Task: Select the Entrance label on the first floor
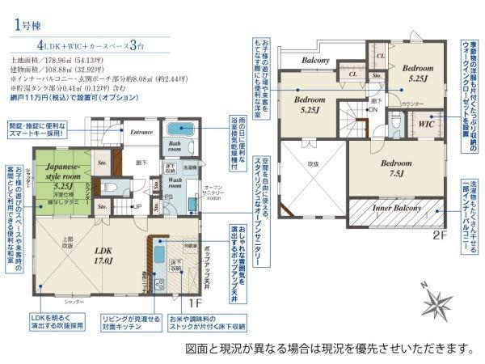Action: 141,133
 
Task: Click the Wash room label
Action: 179,184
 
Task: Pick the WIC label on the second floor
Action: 427,125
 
